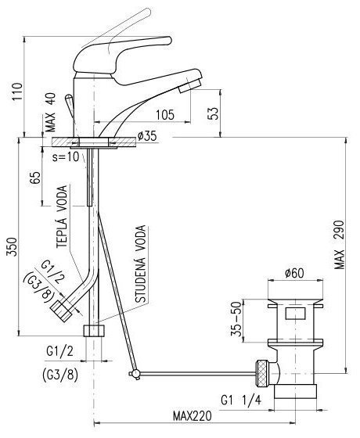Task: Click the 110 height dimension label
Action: pos(17,92)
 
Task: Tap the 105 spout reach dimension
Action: pos(165,115)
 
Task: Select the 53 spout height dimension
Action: pos(214,113)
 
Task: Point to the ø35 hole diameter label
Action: pos(147,136)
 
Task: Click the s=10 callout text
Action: pos(66,157)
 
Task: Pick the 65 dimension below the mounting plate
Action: pos(36,178)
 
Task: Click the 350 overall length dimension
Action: pos(12,246)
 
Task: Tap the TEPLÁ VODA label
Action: pos(62,217)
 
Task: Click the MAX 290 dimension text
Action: pos(339,245)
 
